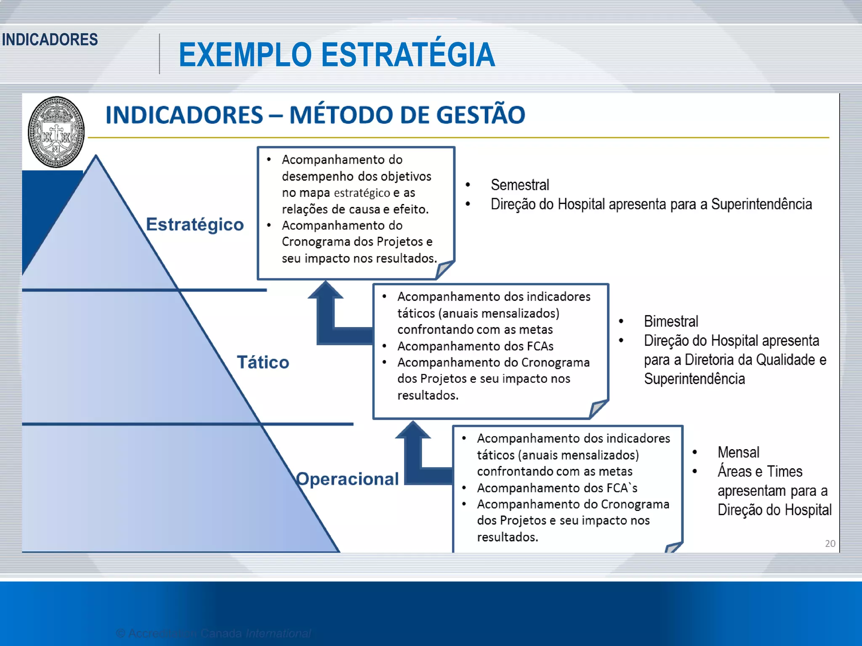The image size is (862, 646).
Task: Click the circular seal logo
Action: point(56,132)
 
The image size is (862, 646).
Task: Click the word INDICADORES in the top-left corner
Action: point(50,40)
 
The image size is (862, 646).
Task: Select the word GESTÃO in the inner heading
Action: point(481,115)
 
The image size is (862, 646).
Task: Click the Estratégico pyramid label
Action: point(195,224)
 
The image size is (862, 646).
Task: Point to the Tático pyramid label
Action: point(263,362)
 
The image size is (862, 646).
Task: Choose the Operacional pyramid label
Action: point(347,479)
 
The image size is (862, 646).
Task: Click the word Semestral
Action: point(520,185)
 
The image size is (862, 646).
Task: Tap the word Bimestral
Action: point(671,321)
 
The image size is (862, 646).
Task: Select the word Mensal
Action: point(738,452)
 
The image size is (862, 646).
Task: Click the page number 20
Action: point(830,543)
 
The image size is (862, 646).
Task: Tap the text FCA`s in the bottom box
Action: point(622,488)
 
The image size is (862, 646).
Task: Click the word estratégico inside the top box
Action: point(362,193)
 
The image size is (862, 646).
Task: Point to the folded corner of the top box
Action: point(444,269)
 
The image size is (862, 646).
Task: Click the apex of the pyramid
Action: point(96,157)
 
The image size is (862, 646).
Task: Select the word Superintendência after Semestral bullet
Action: point(761,204)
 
